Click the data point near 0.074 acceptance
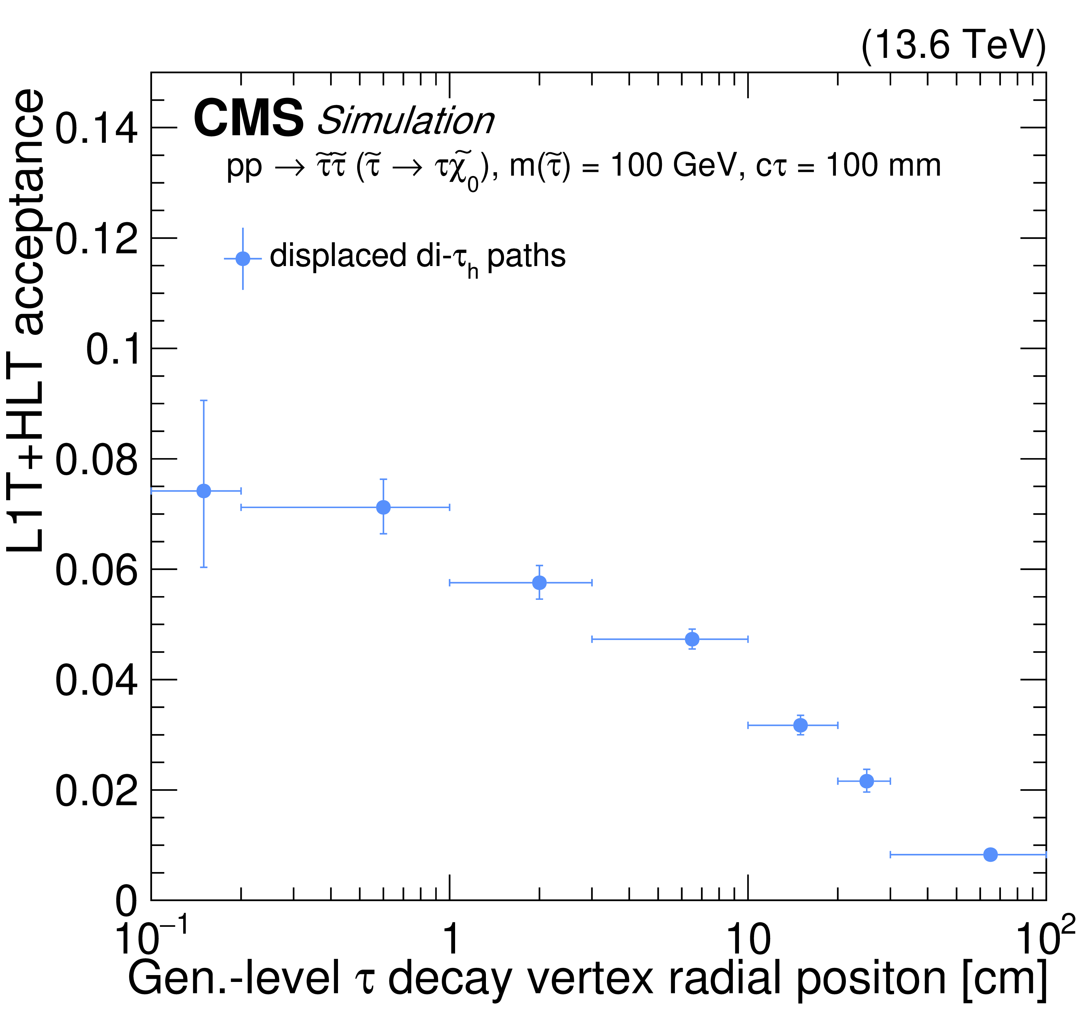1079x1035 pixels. (204, 491)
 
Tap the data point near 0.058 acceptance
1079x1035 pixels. (540, 582)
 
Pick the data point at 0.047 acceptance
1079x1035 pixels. (692, 639)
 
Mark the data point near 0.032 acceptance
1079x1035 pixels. (801, 725)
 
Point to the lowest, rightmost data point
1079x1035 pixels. (990, 855)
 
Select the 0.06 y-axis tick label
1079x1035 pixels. (96, 570)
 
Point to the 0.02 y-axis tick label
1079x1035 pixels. (96, 791)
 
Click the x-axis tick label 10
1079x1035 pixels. (748, 939)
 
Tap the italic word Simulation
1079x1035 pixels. (406, 121)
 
